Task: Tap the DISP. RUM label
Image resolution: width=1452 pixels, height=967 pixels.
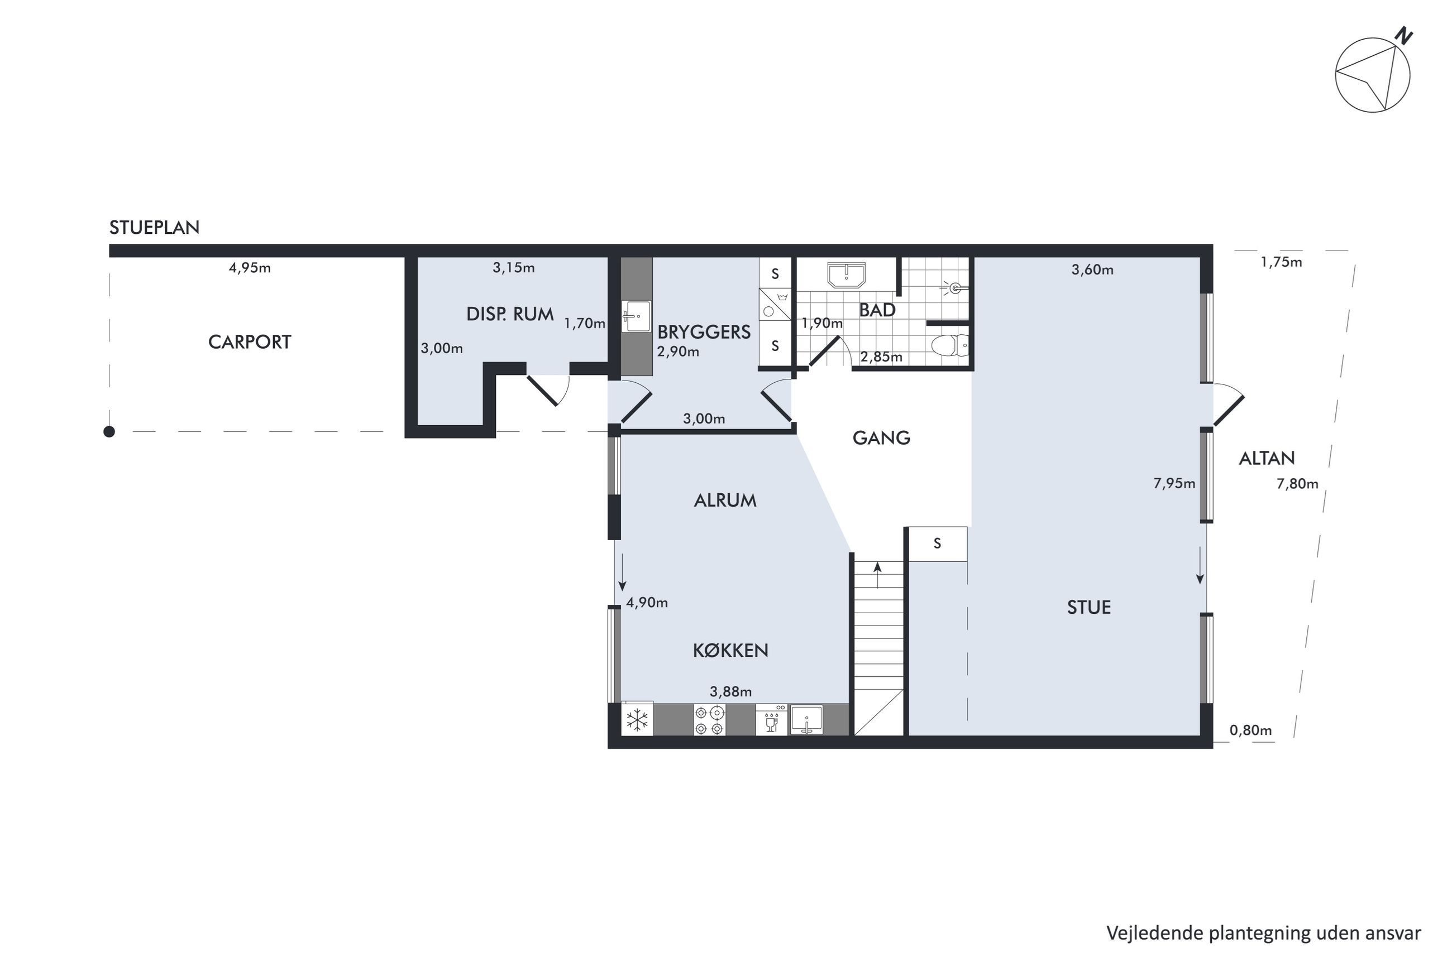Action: tap(510, 314)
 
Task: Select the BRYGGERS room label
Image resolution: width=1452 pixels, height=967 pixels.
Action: tap(704, 332)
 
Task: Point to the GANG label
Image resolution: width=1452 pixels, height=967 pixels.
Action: tap(881, 438)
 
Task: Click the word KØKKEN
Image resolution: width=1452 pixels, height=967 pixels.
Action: tap(730, 650)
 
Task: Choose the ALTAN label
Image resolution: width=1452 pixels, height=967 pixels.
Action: tap(1267, 458)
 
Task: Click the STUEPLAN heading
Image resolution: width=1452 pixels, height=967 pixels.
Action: tap(154, 228)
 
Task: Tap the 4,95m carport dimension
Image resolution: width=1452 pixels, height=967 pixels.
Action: tap(250, 268)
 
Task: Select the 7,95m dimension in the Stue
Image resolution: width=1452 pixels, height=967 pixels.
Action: tap(1174, 483)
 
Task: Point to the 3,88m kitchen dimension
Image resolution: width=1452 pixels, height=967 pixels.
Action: tap(730, 692)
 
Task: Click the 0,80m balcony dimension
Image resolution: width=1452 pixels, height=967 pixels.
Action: tap(1251, 730)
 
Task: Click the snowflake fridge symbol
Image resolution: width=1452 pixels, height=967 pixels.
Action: tap(637, 719)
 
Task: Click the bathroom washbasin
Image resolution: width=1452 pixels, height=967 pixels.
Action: tap(847, 275)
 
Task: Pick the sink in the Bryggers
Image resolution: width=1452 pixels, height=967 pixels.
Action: tap(636, 316)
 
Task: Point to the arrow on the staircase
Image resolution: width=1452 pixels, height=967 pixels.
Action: tap(877, 575)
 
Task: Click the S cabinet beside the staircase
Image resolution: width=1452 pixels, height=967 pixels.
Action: tap(937, 543)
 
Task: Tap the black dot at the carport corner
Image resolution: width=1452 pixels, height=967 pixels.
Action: tap(109, 432)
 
